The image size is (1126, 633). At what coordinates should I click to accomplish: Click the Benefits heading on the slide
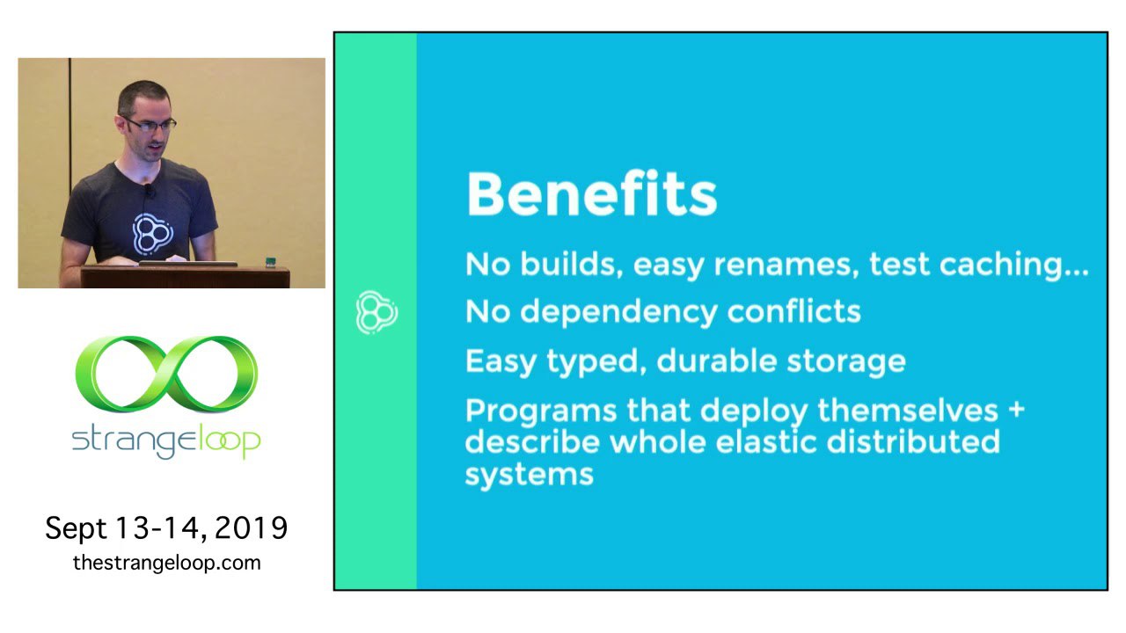(592, 194)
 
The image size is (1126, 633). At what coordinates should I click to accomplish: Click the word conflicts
(793, 311)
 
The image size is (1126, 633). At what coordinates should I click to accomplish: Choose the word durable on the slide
(716, 360)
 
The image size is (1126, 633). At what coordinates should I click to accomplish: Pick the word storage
(846, 362)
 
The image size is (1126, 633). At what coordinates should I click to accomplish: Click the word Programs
(541, 411)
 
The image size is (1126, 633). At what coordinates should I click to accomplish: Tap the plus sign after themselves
(1016, 409)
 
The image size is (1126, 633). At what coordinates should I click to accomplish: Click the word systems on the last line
(530, 475)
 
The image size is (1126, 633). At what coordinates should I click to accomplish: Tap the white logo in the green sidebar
(377, 312)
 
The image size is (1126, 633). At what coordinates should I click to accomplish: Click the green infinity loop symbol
(166, 375)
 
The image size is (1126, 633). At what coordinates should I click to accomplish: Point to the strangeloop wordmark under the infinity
(166, 441)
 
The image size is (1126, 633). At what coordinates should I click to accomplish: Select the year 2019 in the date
(251, 528)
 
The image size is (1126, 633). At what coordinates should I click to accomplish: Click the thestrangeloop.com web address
(167, 563)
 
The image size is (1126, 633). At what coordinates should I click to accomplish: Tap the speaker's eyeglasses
(150, 124)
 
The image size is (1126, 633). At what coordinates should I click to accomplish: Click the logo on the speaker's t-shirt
(152, 233)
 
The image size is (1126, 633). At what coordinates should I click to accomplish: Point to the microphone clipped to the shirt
(148, 191)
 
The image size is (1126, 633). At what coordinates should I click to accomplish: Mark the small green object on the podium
(270, 262)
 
